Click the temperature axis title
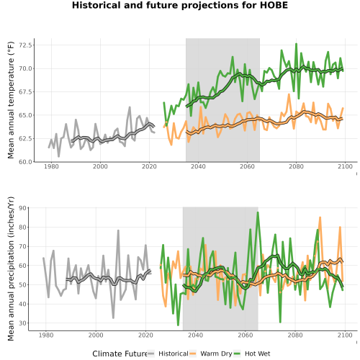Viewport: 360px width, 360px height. point(11,100)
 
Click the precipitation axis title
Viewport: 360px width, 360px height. point(11,269)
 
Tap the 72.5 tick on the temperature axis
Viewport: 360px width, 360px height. point(25,45)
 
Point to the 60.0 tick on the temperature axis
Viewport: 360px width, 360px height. point(25,162)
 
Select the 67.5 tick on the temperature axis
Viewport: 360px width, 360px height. point(25,92)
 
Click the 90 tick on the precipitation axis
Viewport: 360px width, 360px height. point(22,208)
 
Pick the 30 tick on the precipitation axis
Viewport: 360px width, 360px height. point(22,323)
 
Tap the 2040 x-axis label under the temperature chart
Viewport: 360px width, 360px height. point(198,166)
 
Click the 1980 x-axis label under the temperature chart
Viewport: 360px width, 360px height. point(51,166)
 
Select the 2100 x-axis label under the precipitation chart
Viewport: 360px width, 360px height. point(345,335)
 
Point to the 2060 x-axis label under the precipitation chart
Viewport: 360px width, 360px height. point(246,335)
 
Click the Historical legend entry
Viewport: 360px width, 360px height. point(168,354)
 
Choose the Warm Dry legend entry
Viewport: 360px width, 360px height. point(211,354)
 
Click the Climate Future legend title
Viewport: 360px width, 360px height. point(120,354)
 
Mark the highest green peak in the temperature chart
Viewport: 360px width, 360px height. point(297,44)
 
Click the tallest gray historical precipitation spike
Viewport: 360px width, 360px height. point(118,230)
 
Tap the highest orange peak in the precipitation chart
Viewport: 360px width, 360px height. point(320,217)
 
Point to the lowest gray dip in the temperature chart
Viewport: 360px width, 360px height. point(59,156)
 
